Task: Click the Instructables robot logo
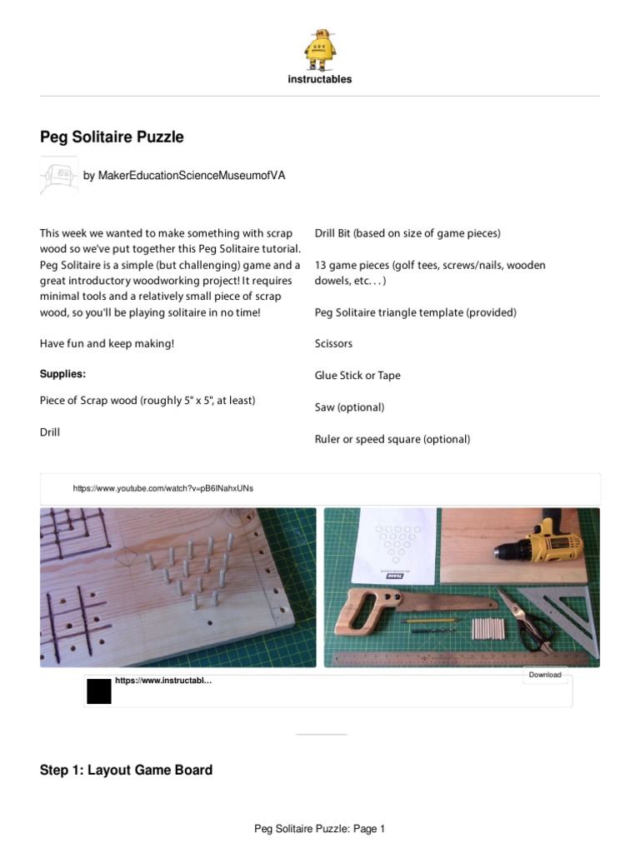[320, 48]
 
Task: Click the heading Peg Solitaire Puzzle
[112, 137]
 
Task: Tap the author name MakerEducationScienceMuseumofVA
[184, 176]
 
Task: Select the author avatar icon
[58, 176]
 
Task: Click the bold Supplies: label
[63, 374]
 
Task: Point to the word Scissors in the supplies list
[333, 343]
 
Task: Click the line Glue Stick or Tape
[357, 376]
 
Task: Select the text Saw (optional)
[349, 407]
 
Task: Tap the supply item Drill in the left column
[50, 432]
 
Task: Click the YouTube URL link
[163, 488]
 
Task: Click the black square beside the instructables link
[99, 691]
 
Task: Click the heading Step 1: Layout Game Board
[126, 771]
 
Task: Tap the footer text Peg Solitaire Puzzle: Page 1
[320, 829]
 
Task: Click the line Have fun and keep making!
[107, 344]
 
